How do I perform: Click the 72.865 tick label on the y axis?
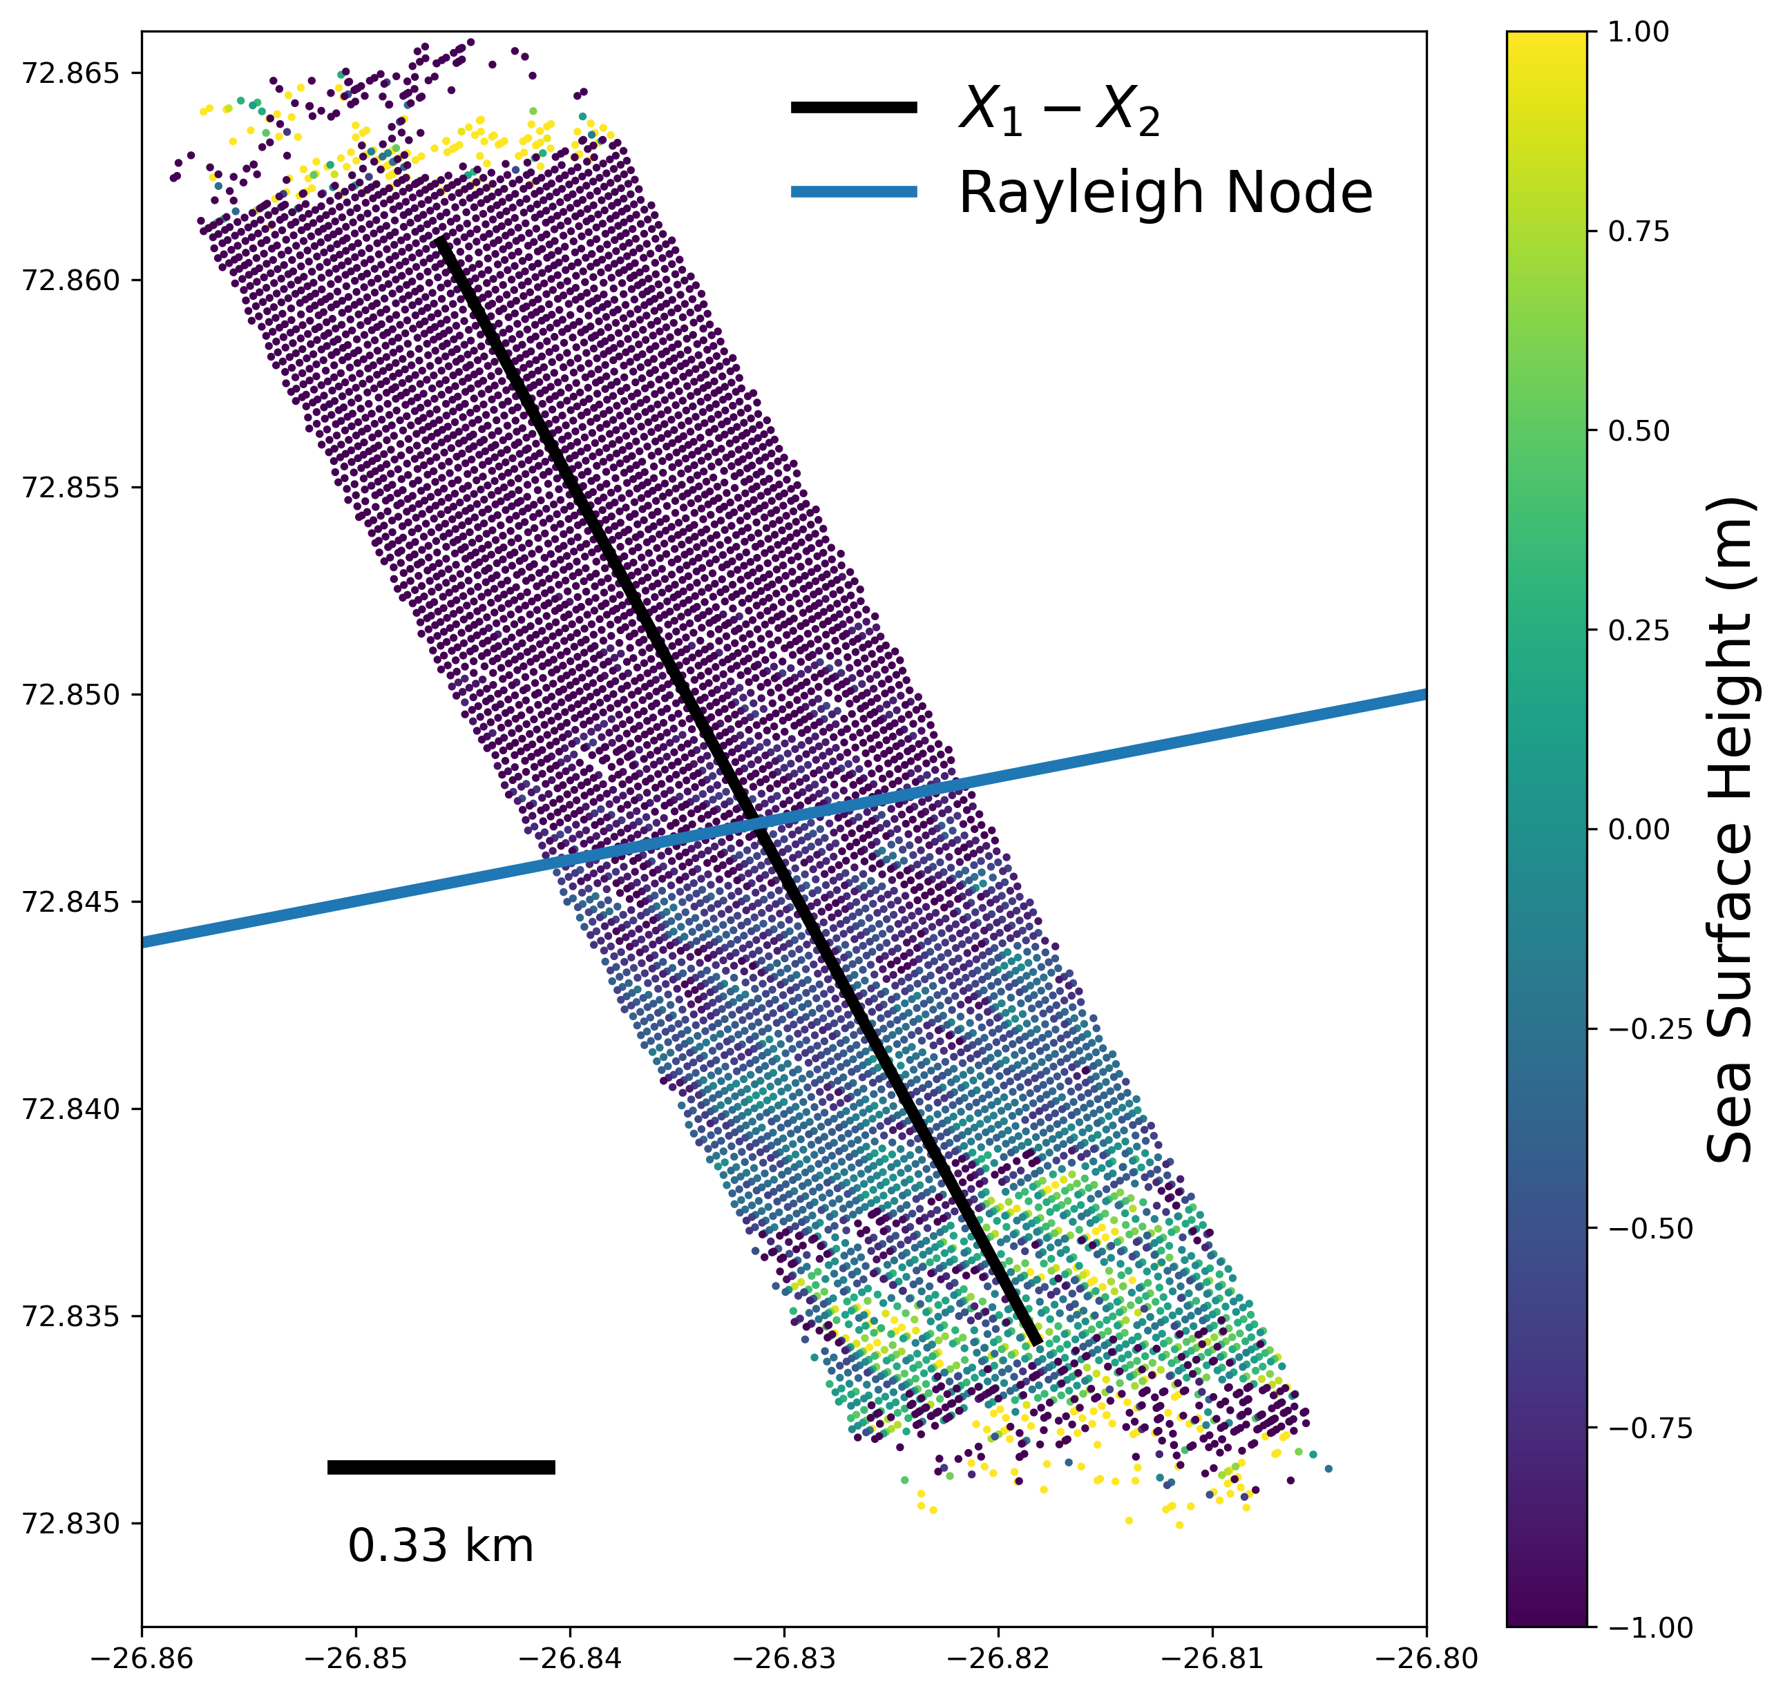[70, 73]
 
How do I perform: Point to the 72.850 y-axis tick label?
[70, 695]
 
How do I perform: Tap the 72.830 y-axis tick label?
[70, 1523]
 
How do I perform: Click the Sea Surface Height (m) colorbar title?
[1730, 830]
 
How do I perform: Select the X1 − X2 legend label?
[1059, 109]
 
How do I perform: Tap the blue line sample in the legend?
[853, 191]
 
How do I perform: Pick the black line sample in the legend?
[853, 108]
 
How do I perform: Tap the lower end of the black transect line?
[1038, 1343]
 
